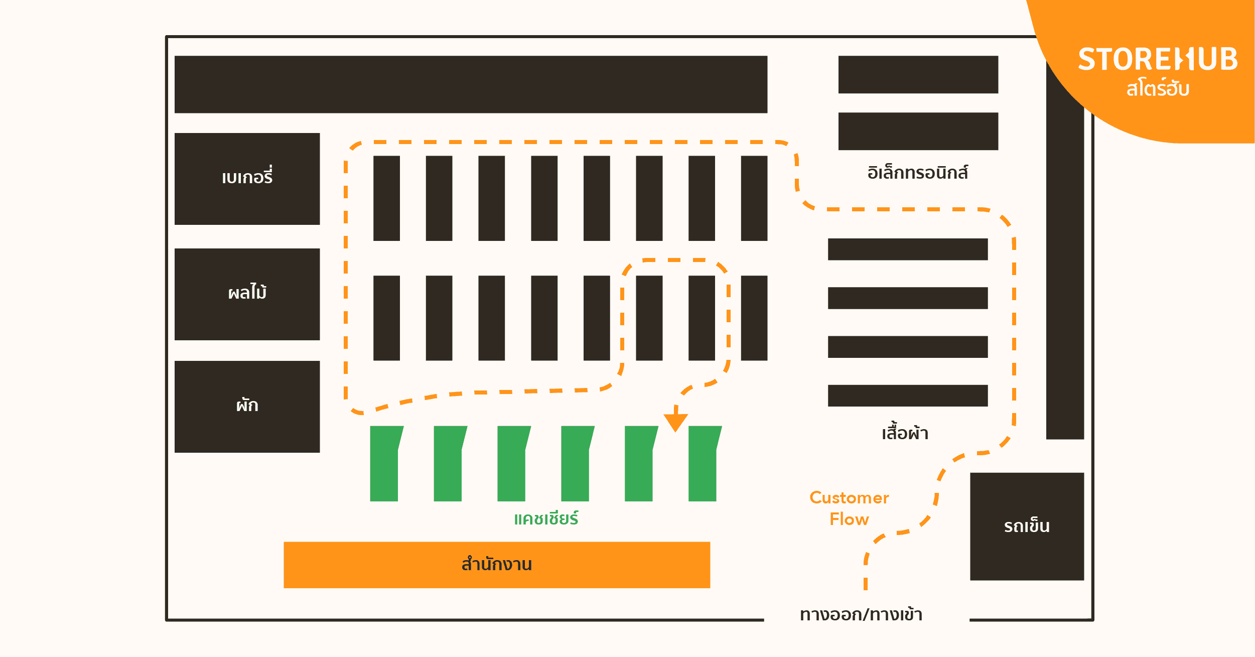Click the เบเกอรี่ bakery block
247,179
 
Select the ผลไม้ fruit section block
247,294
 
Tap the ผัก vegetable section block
247,407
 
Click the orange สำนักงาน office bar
496,565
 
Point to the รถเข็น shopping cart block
1027,526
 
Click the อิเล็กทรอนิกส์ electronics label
917,173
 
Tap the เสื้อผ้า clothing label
905,433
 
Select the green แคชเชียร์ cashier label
546,518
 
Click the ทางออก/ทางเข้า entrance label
861,614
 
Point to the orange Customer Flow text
849,508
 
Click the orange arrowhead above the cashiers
675,422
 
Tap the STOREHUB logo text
1157,60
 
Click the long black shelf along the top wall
471,84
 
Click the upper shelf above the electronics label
918,75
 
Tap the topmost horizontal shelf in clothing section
907,249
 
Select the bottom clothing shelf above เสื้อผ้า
907,396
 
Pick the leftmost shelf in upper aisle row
386,198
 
